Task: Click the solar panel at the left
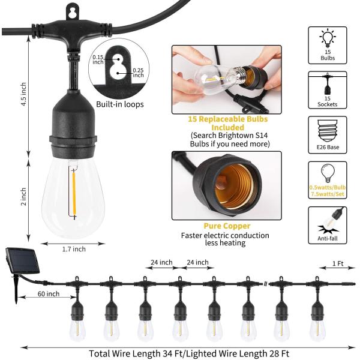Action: point(21,259)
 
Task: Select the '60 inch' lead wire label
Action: point(48,293)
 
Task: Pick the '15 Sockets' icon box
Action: point(327,91)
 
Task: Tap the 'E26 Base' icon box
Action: point(327,136)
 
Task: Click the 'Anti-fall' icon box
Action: point(327,226)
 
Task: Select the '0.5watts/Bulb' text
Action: point(327,187)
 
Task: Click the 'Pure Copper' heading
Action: point(219,226)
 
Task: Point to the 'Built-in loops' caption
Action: point(120,104)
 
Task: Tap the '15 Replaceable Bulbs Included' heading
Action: point(218,123)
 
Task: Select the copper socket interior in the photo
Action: point(235,183)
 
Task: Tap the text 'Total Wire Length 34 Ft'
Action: point(138,353)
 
